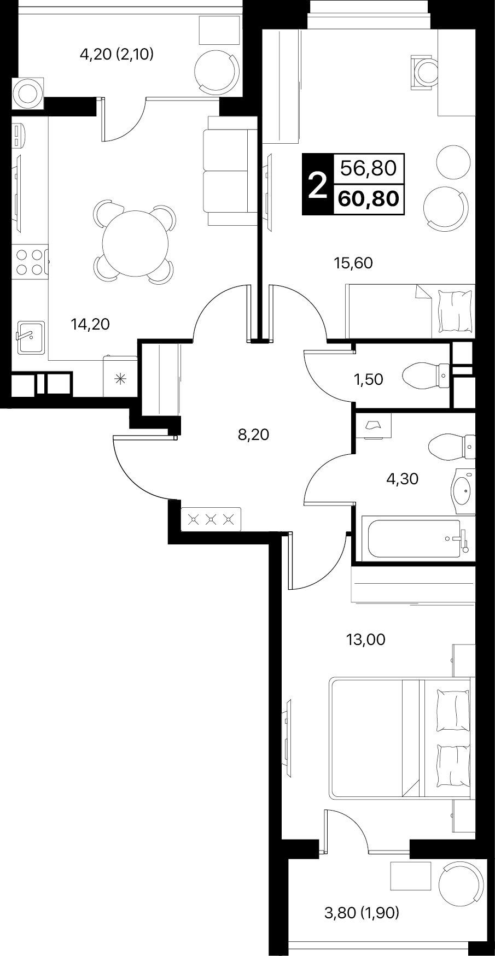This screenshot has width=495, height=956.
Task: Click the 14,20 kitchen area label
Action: (90, 325)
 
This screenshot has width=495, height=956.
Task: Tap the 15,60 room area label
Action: (353, 263)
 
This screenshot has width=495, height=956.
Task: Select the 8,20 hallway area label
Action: (254, 435)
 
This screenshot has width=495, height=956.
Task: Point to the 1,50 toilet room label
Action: (369, 379)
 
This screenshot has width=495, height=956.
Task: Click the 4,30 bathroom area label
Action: (402, 479)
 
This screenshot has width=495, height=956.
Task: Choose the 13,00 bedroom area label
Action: (366, 640)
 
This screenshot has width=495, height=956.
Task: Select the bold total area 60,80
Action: (369, 198)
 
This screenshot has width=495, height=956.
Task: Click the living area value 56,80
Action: (369, 168)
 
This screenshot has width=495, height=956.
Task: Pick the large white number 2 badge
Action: (317, 185)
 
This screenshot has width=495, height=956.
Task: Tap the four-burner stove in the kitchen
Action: (31, 262)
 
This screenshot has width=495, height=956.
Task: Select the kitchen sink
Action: (30, 337)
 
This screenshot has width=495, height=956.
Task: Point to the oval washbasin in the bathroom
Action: (464, 491)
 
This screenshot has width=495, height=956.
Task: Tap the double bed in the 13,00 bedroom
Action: (400, 738)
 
